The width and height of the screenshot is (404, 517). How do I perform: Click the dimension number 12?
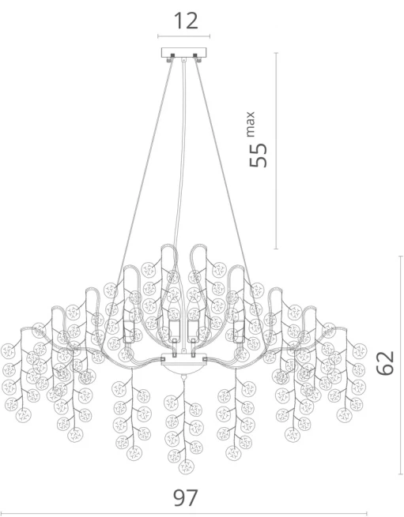[186, 21]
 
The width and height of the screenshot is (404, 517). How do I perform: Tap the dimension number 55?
[258, 155]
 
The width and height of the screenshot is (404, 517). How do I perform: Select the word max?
[251, 124]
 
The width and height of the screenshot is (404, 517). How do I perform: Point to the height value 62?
[385, 363]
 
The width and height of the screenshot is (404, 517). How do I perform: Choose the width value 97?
[186, 498]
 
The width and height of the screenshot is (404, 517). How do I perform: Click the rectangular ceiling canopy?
[184, 52]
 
